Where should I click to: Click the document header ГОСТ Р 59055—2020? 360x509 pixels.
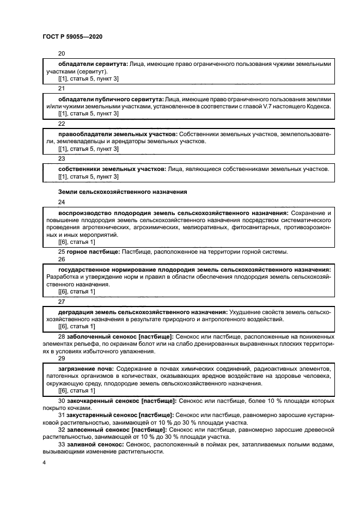click(x=72, y=36)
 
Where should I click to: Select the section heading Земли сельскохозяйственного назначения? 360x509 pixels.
click(x=123, y=192)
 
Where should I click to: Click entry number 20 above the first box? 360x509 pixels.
click(x=62, y=53)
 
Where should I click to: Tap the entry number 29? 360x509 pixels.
click(x=62, y=358)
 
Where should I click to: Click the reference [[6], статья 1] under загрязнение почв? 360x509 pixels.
click(x=76, y=390)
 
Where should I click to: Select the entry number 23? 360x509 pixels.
click(x=62, y=158)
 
